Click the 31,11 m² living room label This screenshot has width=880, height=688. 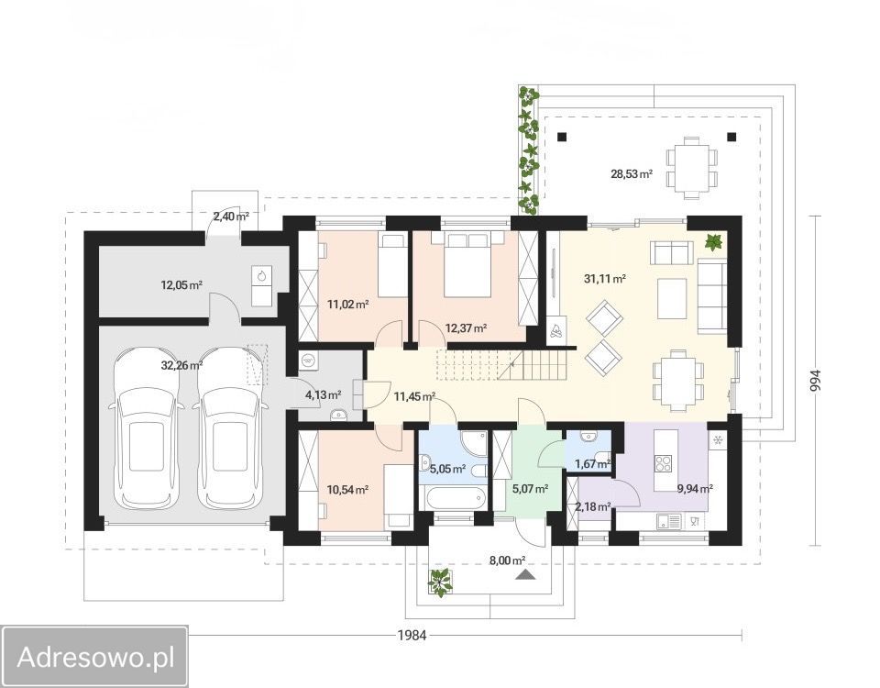[x=605, y=278]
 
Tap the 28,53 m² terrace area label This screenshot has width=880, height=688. [x=632, y=174]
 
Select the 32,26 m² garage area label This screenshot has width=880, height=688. [x=181, y=366]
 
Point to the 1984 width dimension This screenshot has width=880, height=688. [x=412, y=635]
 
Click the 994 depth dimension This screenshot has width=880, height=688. [x=816, y=383]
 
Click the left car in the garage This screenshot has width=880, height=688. [x=147, y=427]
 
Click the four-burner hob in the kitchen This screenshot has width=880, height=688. [x=664, y=462]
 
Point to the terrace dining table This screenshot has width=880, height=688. [x=691, y=168]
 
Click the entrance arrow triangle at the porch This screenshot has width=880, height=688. [x=524, y=574]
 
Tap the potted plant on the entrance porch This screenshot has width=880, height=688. [x=441, y=582]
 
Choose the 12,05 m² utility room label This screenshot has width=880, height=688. [x=181, y=284]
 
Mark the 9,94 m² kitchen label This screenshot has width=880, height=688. [x=695, y=489]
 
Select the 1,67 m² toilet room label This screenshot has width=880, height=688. [x=593, y=464]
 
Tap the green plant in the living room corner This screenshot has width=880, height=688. [x=714, y=242]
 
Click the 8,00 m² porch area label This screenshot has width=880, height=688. [x=507, y=560]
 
